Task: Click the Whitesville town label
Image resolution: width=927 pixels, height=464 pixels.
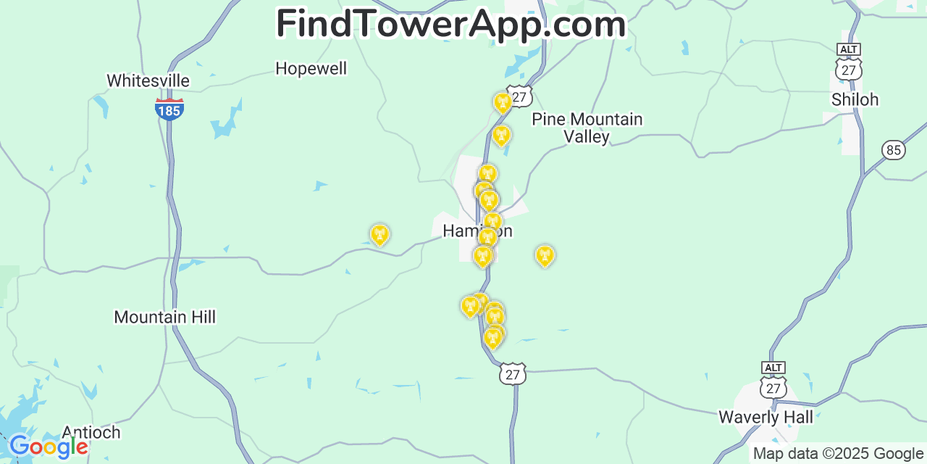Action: point(148,80)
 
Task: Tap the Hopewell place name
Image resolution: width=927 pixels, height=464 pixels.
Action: point(311,69)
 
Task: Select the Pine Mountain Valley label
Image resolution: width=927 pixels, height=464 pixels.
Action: point(587,128)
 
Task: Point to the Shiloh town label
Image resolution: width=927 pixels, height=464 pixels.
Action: point(855,100)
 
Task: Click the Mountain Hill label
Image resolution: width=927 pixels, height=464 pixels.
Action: point(164,317)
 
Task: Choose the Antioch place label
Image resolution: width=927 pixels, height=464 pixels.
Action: point(91,432)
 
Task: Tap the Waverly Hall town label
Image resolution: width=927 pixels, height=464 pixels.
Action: point(765,417)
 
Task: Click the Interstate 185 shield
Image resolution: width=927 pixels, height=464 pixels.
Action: point(169,109)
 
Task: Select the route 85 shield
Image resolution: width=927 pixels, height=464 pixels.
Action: point(894,150)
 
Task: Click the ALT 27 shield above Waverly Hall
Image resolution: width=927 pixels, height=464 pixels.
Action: point(773,381)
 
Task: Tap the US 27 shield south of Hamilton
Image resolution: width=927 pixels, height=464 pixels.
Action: point(513,373)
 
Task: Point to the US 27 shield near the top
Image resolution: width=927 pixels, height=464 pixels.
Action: point(519,96)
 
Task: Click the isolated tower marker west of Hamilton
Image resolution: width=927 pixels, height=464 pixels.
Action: point(379,234)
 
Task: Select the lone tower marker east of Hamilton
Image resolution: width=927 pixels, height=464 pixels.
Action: point(545,255)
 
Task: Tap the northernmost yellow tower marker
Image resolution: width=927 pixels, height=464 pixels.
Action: point(503,102)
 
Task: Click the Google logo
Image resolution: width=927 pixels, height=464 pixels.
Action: point(49,447)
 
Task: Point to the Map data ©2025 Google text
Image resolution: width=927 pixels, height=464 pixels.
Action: point(838,454)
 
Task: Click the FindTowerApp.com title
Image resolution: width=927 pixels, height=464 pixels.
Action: point(450,24)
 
